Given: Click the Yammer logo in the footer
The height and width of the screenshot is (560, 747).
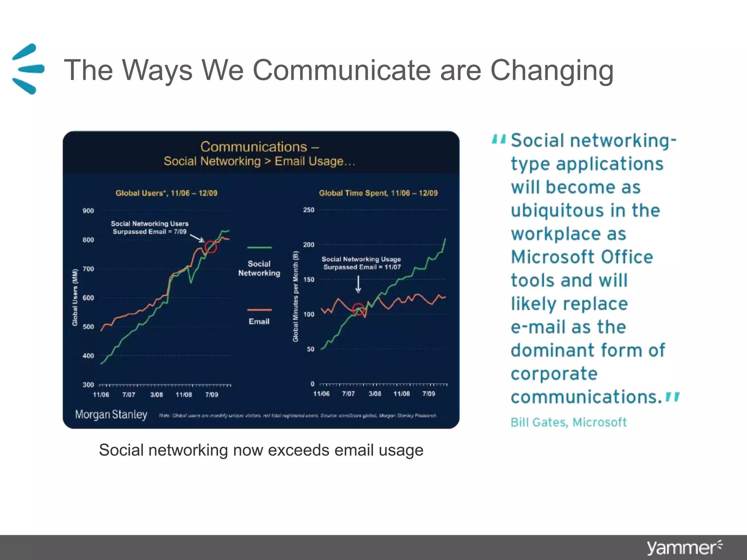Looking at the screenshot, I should pos(684,548).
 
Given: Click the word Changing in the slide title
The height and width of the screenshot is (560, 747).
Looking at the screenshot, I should pos(551,70).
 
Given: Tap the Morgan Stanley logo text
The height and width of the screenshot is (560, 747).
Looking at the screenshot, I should pos(111,415).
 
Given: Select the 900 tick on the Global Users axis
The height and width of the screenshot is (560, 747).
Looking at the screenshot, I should pos(88,211).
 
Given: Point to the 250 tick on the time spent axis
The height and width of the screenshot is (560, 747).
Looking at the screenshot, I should pos(309,210).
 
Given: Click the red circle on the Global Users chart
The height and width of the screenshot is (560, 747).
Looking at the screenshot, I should pos(210,247).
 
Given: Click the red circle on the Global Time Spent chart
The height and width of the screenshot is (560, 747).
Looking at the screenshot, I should pos(358,309).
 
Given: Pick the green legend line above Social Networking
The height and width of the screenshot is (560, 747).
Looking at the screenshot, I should pos(259,248).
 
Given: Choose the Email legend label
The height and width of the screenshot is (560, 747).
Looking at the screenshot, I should pos(259,322).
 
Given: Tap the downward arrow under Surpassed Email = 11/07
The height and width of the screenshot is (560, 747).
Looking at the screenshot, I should pos(358,284).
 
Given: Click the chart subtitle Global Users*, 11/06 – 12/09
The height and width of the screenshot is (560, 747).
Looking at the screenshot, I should pos(166,193).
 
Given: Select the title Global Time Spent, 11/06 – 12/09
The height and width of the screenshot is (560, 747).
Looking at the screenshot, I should pos(378,193).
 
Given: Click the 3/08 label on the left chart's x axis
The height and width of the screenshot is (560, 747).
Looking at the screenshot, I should pos(156,394).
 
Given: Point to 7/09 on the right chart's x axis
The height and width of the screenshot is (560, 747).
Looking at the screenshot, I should pos(429,394).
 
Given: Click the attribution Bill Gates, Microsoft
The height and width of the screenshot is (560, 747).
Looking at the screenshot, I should pos(568,422).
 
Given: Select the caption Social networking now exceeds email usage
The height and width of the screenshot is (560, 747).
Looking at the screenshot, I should pos(261,450).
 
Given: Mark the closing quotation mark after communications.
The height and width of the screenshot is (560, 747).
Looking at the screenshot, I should pos(672,397).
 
